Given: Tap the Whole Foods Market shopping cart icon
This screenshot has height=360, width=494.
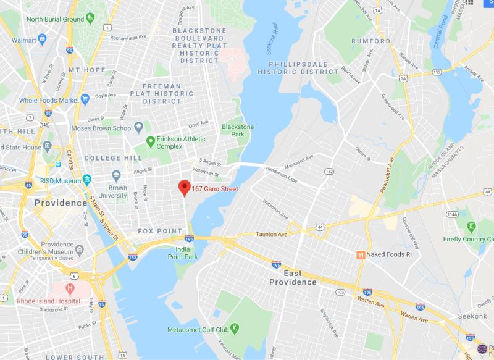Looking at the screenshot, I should (85, 99).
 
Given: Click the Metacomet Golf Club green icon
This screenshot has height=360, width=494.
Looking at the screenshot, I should (235, 327).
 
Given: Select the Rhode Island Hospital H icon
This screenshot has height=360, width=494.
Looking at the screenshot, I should (70, 288).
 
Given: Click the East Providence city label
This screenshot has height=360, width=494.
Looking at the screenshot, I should (293, 277).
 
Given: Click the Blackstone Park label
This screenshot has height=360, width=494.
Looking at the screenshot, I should (238, 130).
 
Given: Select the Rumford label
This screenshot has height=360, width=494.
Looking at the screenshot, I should (371, 41).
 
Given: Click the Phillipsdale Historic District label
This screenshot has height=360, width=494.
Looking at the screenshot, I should (298, 67).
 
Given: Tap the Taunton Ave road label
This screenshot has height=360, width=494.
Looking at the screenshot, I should (272, 234).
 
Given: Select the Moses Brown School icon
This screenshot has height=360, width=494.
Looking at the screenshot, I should (140, 128).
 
